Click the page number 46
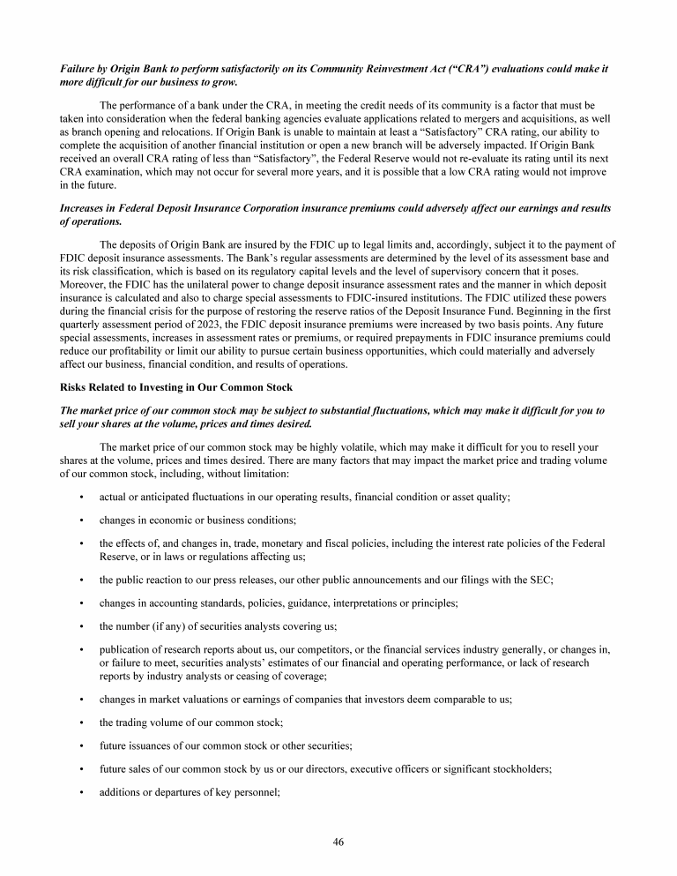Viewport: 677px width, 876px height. [x=338, y=842]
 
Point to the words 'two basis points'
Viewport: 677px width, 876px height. [x=495, y=312]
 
